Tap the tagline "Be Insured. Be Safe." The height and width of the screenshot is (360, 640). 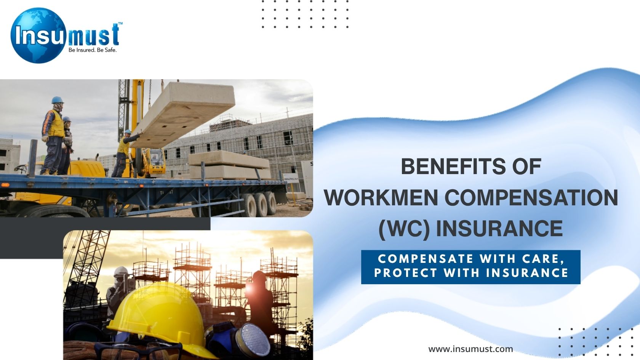coord(93,50)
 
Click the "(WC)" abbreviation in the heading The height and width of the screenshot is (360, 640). coord(404,229)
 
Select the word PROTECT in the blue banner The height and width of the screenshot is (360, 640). coord(406,273)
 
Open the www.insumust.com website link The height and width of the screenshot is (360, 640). coord(470,349)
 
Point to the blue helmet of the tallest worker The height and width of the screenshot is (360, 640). coord(57,100)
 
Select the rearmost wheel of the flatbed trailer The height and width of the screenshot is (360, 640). coord(269,203)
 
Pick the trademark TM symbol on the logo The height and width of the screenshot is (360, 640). coord(120,24)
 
